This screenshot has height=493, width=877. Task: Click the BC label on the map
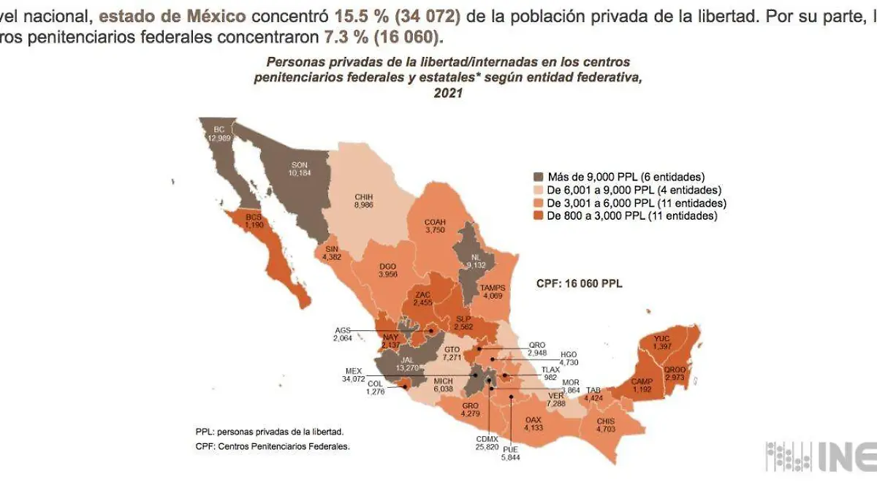219,130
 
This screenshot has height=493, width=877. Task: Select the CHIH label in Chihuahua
363,196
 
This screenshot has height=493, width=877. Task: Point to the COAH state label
435,222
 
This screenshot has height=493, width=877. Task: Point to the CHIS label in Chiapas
606,421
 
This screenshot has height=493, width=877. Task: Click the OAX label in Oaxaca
534,419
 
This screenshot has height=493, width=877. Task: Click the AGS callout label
343,330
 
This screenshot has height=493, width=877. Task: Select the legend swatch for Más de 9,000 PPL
539,176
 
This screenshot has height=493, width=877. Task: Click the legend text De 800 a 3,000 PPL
633,215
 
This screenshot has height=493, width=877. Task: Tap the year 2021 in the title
448,93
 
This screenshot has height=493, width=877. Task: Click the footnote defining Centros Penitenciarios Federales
273,446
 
